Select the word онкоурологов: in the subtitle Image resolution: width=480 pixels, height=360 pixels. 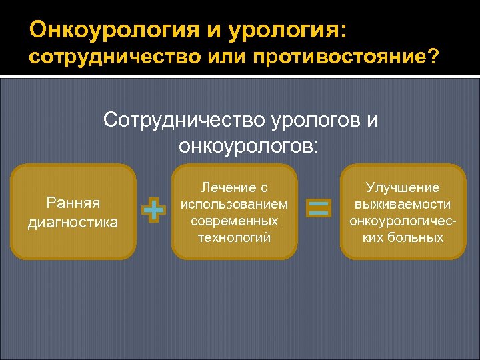249,145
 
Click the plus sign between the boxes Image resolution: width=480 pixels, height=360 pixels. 154,210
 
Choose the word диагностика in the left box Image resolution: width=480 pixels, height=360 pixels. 73,221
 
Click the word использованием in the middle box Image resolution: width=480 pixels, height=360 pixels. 234,204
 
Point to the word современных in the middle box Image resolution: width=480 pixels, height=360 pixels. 234,220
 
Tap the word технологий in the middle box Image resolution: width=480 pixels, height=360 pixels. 234,237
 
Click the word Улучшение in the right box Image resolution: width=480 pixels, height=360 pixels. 403,188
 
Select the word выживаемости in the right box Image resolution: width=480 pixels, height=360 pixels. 403,204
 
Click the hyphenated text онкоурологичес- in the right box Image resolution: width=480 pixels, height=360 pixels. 403,220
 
